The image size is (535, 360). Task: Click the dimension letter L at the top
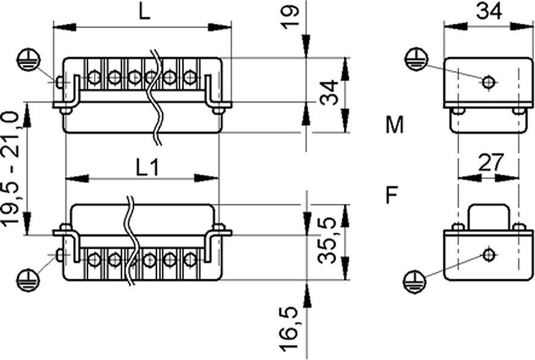click(143, 12)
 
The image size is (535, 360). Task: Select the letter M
click(395, 126)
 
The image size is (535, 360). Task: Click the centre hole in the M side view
click(489, 82)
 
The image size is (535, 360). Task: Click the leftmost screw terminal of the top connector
click(94, 77)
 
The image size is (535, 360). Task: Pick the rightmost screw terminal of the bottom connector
click(190, 259)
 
